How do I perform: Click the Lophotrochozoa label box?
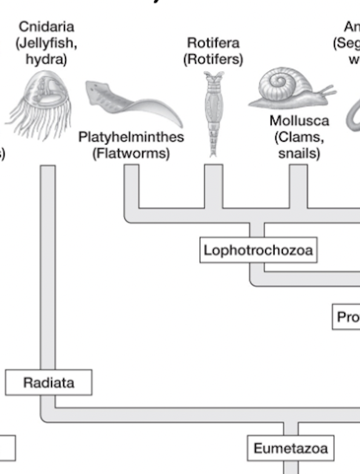[258, 250]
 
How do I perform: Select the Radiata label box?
[49, 382]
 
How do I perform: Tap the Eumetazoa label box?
[290, 448]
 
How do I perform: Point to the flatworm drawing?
[132, 103]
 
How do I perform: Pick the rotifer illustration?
[213, 114]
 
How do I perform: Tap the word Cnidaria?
[46, 27]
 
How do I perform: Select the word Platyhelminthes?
[131, 137]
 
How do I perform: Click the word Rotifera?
[213, 43]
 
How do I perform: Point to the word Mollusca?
[299, 121]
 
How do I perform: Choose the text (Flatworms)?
[131, 154]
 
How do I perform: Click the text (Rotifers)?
[213, 59]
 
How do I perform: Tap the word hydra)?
[46, 59]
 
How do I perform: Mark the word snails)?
[299, 154]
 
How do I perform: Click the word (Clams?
[299, 137]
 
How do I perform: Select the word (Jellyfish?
[46, 43]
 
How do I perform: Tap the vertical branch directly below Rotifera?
[213, 186]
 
